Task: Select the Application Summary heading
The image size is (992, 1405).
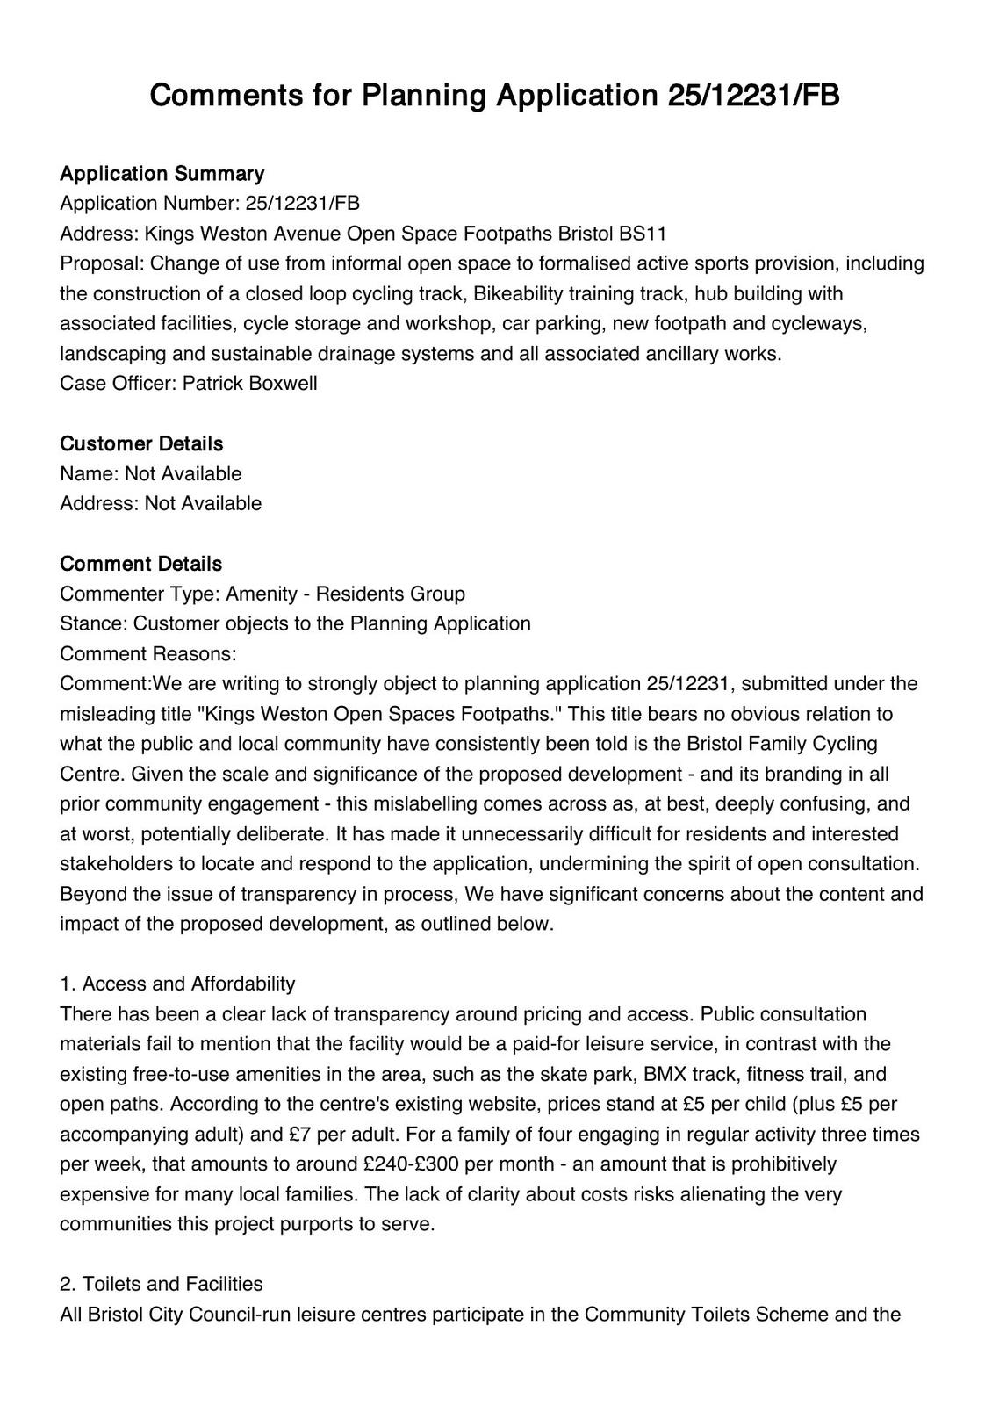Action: (162, 173)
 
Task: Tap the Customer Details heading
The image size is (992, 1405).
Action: (141, 443)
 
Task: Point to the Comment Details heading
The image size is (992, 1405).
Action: (140, 564)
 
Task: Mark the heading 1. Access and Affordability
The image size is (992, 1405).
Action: (177, 983)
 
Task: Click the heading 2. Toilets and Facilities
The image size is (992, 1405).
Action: (162, 1284)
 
